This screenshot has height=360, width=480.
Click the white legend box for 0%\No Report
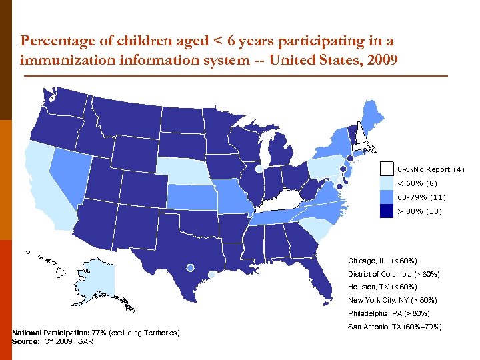coord(387,169)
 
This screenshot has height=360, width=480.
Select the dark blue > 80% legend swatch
coord(387,211)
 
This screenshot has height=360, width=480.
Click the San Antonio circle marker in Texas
coord(190,267)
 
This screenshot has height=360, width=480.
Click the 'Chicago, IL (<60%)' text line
coord(382,261)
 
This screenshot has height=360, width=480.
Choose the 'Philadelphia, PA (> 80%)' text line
coord(389,313)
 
